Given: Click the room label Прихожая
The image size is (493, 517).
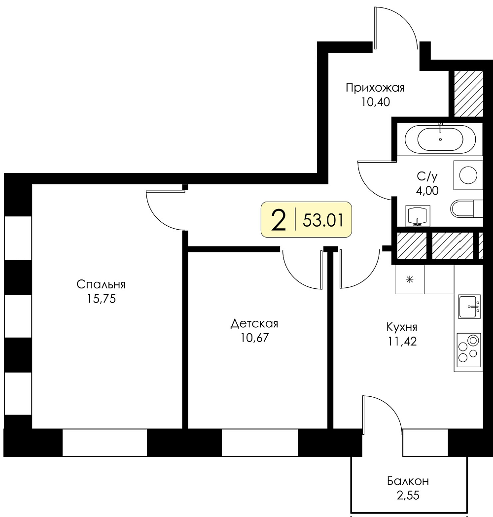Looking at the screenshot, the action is click(375, 88).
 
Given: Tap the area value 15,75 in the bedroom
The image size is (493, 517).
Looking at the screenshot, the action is click(101, 299).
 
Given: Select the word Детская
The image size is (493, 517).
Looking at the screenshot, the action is click(254, 324).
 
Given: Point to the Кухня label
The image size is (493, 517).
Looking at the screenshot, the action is click(402, 327).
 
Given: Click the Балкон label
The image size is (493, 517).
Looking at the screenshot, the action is click(408, 481).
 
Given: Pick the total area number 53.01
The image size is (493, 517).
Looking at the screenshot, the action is click(323, 220).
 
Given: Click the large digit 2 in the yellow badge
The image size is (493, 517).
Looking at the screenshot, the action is click(278, 220).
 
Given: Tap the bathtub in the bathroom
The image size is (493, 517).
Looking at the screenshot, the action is click(440, 139).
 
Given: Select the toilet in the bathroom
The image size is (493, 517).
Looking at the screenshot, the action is click(466, 208).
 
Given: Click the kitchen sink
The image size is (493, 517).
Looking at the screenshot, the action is click(469, 307).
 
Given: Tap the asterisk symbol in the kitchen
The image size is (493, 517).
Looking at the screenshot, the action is click(410, 280).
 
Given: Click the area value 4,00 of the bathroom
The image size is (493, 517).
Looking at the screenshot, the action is click(427, 191).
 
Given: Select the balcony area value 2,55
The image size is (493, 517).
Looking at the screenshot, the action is click(408, 495).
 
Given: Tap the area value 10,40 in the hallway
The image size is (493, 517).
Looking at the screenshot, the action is click(375, 102).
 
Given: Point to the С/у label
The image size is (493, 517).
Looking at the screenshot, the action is click(427, 176).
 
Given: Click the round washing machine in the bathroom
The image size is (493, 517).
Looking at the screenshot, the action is click(468, 175).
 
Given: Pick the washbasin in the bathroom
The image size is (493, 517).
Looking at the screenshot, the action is click(418, 216).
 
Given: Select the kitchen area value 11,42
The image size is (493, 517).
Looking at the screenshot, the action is click(402, 341).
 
